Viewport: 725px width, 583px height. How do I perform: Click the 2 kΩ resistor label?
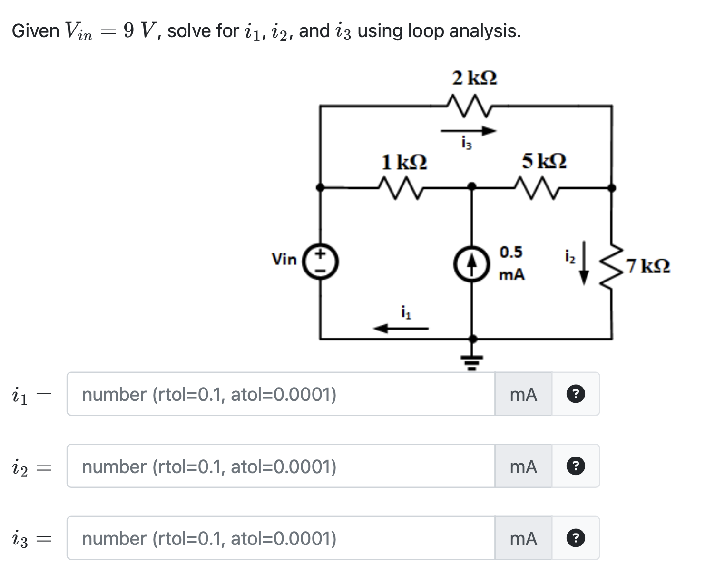coord(474,78)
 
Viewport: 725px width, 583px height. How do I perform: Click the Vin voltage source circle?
coord(321,261)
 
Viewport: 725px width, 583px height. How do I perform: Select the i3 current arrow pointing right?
coord(468,131)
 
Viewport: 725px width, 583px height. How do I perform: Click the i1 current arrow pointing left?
coord(401,328)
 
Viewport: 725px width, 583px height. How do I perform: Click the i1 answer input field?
coord(281,394)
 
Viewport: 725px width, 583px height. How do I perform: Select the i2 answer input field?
coord(281,466)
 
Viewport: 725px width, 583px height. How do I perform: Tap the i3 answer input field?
coord(281,538)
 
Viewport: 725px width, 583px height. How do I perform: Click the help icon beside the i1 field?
coord(576,394)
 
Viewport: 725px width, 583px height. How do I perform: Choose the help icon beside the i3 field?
coord(576,538)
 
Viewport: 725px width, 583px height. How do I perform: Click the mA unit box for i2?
coord(523,466)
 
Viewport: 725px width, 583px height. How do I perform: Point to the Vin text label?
coord(284,260)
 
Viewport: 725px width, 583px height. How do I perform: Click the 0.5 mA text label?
coord(511,263)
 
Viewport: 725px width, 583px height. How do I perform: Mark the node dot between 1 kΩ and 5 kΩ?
coord(471,186)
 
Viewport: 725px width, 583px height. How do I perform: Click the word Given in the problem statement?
coord(35,31)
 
